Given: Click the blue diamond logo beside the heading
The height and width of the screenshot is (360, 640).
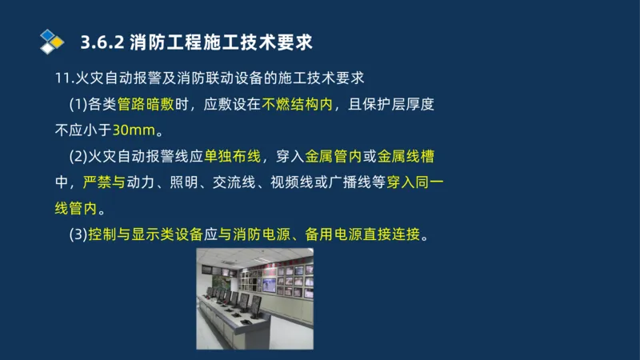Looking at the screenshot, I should [x=52, y=40].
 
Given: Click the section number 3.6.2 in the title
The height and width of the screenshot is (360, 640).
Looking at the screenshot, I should [x=101, y=41].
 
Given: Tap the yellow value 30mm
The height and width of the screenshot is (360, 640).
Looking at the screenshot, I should [x=131, y=130].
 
